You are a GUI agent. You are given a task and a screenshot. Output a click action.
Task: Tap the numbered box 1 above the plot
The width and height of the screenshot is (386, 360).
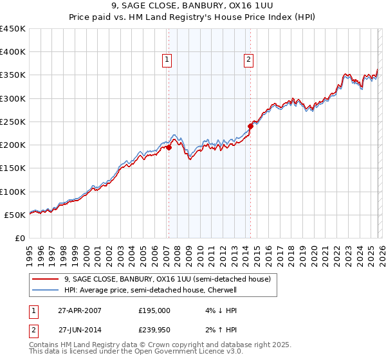click(x=167, y=60)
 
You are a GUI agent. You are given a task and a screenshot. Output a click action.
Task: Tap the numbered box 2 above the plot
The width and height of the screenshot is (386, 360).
click(x=248, y=60)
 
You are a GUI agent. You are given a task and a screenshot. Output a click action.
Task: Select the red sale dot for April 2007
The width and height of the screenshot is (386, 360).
click(x=169, y=147)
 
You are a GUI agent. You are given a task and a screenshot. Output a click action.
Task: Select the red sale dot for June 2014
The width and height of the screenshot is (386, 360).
click(x=251, y=126)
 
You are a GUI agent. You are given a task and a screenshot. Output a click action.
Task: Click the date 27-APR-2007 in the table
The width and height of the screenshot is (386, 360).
click(x=79, y=310)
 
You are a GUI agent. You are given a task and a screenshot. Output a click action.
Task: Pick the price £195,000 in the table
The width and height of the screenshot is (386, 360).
click(x=154, y=310)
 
